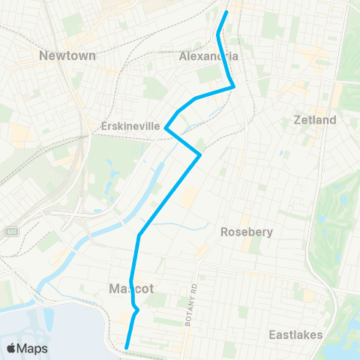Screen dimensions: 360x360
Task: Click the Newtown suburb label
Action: pos(66,55)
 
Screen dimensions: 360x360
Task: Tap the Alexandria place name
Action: pos(209,56)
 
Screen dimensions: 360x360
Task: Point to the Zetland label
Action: pos(316,120)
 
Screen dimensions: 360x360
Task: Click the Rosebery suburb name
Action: pos(245,232)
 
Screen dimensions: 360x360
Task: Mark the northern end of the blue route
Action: pos(226,12)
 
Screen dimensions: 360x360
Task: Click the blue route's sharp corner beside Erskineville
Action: pos(165,129)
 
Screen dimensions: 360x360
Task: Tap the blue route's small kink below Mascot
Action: pos(136,308)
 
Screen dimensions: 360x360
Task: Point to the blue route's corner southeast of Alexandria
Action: pos(234,86)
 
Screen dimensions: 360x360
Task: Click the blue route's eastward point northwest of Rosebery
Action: pos(200,155)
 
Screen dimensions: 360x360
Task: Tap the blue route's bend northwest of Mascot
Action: pos(139,236)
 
